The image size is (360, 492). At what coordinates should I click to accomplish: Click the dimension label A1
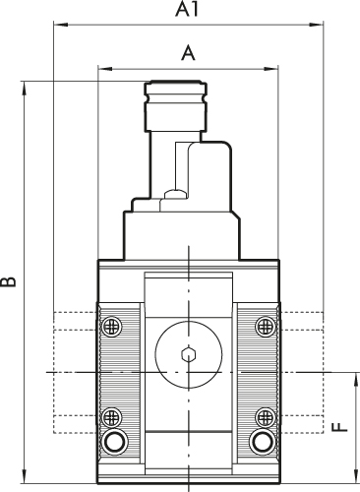[x=187, y=9]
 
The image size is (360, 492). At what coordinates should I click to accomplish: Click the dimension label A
[x=188, y=53]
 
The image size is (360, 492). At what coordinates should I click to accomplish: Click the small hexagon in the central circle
[x=189, y=354]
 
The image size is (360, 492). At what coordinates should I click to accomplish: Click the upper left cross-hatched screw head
[x=112, y=327]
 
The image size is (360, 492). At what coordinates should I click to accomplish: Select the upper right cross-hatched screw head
[x=266, y=327]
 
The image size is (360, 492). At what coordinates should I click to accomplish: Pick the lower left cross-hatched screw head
[x=112, y=417]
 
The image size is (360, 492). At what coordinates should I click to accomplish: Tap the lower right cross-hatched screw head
[x=266, y=417]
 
